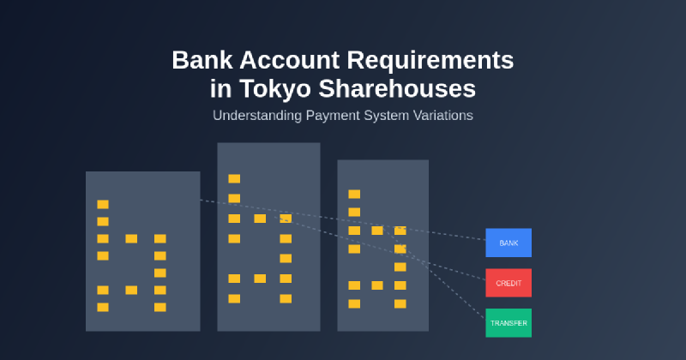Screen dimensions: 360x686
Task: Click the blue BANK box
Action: tap(508, 243)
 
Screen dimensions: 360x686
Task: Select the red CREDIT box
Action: tap(508, 283)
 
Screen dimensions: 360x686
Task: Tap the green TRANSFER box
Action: tap(508, 323)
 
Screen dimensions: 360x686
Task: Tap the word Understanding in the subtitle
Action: tap(255, 115)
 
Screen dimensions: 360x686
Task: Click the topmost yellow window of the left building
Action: tap(103, 204)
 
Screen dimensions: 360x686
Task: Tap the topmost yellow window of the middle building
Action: tap(234, 178)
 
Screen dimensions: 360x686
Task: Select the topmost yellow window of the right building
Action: tap(354, 194)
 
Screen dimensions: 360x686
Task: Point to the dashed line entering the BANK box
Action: tap(463, 236)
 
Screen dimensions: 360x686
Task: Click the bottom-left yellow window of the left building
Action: tap(103, 307)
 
